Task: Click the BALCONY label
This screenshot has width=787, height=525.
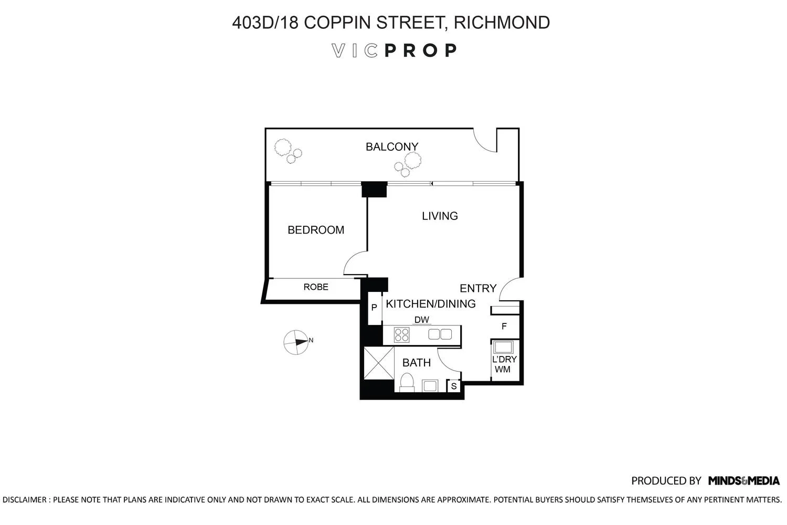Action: (392, 147)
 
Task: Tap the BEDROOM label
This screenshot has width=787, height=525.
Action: (316, 230)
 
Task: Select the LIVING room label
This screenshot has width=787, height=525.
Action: (440, 216)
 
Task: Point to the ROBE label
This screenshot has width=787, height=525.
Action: (316, 287)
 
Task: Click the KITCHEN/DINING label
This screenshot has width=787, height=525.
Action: (431, 303)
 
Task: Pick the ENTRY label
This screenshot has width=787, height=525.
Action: (477, 288)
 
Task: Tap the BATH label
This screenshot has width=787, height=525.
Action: (417, 362)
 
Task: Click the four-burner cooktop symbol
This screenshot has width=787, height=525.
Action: (402, 334)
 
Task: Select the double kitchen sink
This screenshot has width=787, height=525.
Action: (440, 334)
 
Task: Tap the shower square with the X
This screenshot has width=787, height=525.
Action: (378, 363)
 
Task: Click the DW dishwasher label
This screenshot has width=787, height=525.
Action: (421, 320)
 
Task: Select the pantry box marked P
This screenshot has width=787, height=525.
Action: (374, 308)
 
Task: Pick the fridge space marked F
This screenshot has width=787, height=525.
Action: (504, 327)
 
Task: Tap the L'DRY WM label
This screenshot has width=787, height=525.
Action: (504, 364)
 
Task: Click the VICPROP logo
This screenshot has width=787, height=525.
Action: (395, 50)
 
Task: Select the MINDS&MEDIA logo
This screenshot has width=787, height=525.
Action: (743, 480)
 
